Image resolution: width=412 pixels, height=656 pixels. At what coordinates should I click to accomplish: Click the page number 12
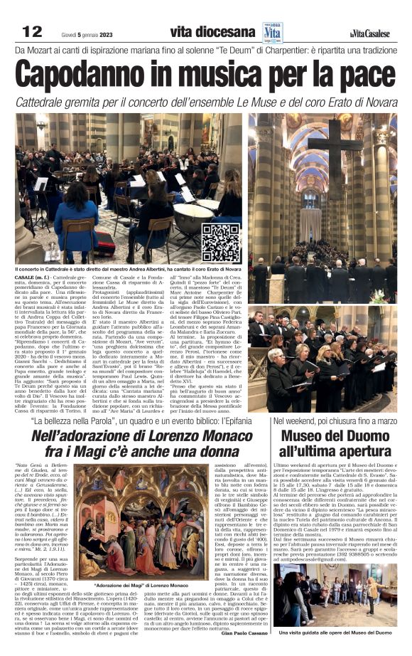coord(33,31)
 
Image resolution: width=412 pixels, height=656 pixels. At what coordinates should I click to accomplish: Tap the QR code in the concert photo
coord(220,243)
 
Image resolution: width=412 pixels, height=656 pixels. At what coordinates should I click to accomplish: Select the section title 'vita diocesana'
coord(212,31)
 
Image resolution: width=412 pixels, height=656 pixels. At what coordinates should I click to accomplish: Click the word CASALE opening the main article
coord(26,277)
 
